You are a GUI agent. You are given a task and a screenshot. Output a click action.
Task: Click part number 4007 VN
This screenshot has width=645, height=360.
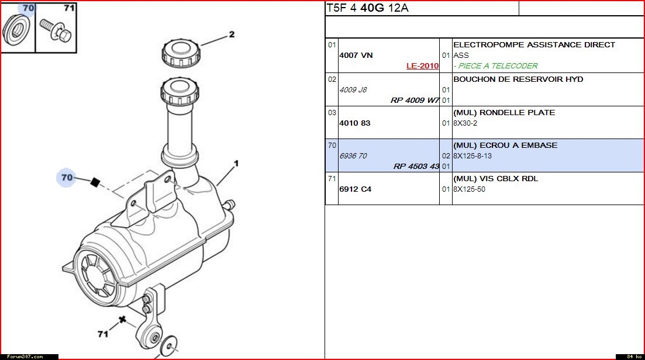point(356,55)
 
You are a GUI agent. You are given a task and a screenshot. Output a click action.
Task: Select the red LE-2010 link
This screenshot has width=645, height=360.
point(422,66)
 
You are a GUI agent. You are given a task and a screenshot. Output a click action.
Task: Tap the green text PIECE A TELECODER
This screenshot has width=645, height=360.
point(498,66)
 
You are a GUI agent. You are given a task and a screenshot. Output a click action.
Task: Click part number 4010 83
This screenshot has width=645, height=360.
point(354,123)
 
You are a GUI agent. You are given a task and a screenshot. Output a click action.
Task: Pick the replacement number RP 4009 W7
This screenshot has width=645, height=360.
point(415,101)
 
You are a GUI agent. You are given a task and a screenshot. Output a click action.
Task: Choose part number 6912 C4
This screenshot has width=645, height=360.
point(356,189)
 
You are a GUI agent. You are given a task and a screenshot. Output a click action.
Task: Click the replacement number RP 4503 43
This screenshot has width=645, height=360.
point(416,167)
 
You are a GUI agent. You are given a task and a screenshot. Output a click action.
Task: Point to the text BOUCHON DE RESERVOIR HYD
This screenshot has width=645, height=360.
point(518,79)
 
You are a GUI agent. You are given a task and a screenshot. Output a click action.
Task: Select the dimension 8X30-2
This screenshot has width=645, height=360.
point(465,123)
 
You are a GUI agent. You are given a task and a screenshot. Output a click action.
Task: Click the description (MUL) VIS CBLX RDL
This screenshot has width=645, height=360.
point(496,179)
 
